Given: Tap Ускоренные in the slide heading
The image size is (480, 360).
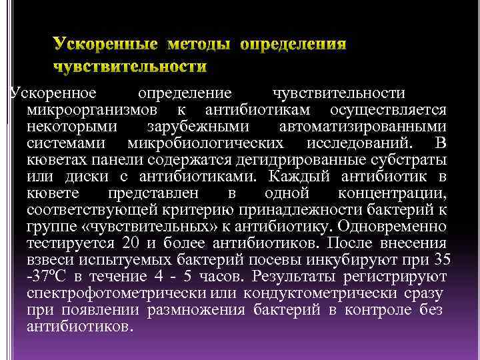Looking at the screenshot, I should point(105,45).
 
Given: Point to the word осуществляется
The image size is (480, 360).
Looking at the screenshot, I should point(389,109).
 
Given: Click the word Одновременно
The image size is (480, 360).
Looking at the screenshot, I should point(397,227).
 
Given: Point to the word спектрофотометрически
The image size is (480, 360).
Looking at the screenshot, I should point(117,294).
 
